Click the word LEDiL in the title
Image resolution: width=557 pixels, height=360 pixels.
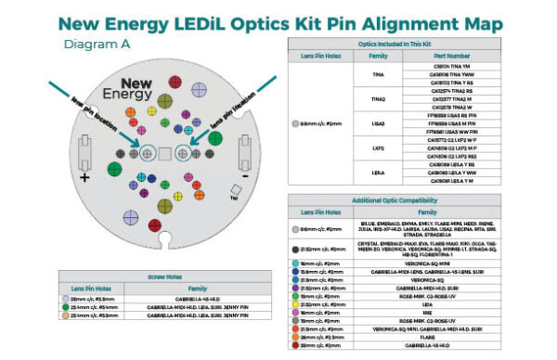tap(274, 21)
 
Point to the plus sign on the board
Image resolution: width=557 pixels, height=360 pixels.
tap(84, 176)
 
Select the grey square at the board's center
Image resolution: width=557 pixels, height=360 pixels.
tap(164, 152)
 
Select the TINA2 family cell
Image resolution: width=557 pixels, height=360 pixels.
tap(378, 97)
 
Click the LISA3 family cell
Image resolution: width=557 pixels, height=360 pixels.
tap(378, 123)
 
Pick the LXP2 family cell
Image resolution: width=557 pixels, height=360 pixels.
tap(378, 147)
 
